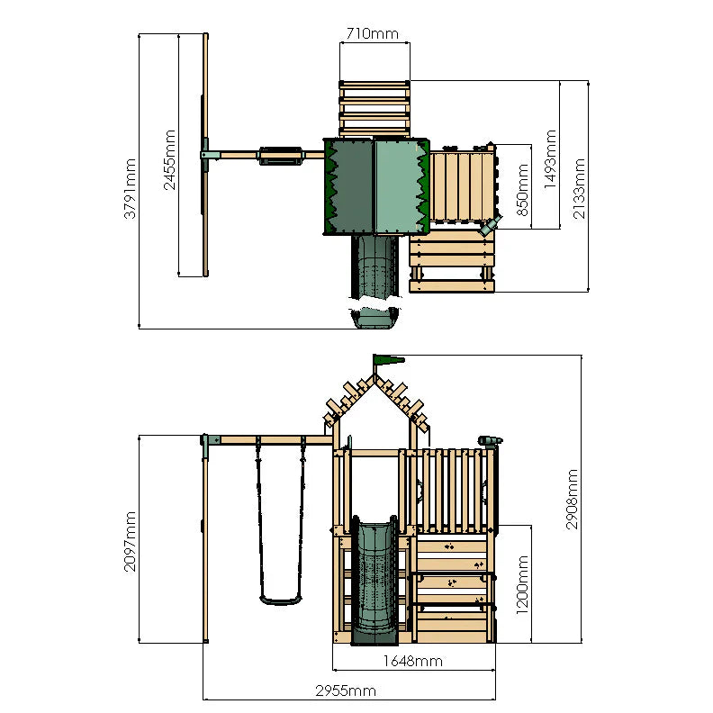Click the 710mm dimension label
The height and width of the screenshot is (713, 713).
pyautogui.click(x=373, y=34)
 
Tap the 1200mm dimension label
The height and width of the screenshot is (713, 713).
pyautogui.click(x=523, y=583)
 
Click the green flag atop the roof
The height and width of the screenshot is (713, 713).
pyautogui.click(x=389, y=361)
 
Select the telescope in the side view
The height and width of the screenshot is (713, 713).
pyautogui.click(x=489, y=440)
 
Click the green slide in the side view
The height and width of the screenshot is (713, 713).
pyautogui.click(x=373, y=581)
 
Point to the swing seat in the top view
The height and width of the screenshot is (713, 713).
pyautogui.click(x=278, y=156)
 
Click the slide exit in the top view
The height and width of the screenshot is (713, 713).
pyautogui.click(x=374, y=317)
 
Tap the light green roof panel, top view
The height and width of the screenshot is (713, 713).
pyautogui.click(x=397, y=186)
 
